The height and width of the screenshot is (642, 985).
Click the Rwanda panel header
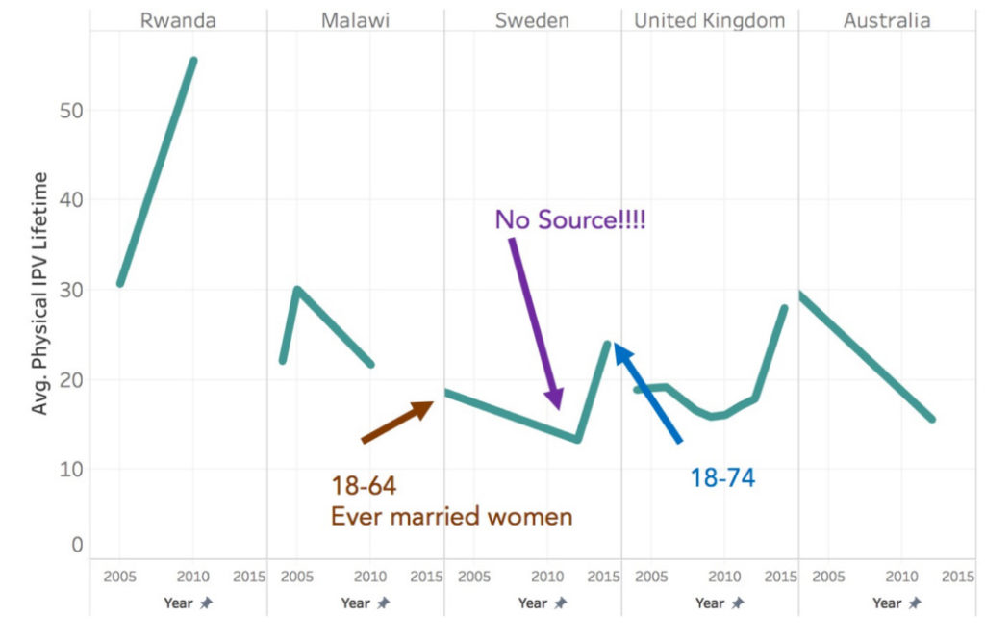178,20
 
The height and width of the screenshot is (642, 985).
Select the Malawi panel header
355,20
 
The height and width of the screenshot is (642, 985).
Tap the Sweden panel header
532,20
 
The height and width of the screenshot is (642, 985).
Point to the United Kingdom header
709,20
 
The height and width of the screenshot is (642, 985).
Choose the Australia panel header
887,20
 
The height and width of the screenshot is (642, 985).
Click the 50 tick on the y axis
73,111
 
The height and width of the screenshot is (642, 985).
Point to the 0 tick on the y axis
78,546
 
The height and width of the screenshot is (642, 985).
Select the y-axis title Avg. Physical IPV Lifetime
40,294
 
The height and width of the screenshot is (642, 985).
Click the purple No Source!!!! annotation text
569,219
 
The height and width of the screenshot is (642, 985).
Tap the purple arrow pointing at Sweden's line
535,322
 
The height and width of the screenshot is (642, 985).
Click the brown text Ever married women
451,517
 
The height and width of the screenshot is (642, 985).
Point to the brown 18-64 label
364,485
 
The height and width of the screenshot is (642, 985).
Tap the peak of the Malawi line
297,288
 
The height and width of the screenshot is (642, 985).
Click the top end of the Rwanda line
193,60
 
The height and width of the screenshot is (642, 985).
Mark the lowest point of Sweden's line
577,440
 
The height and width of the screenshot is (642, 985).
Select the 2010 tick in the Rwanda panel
192,578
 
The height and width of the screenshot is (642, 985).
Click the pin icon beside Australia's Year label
915,603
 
